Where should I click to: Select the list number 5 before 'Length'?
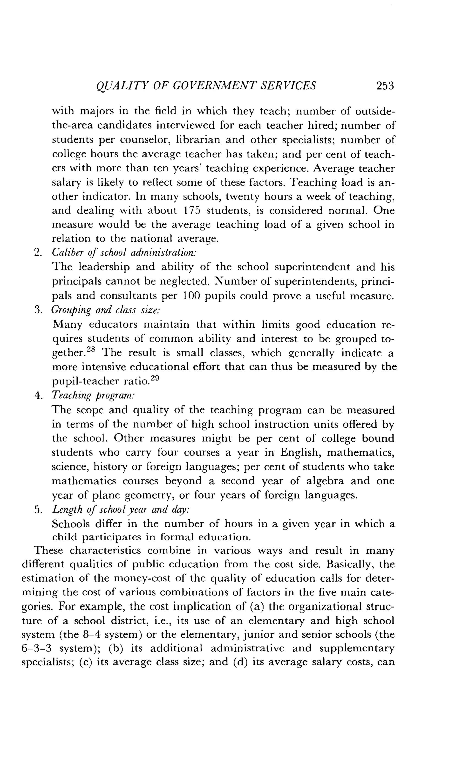tap(38, 510)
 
